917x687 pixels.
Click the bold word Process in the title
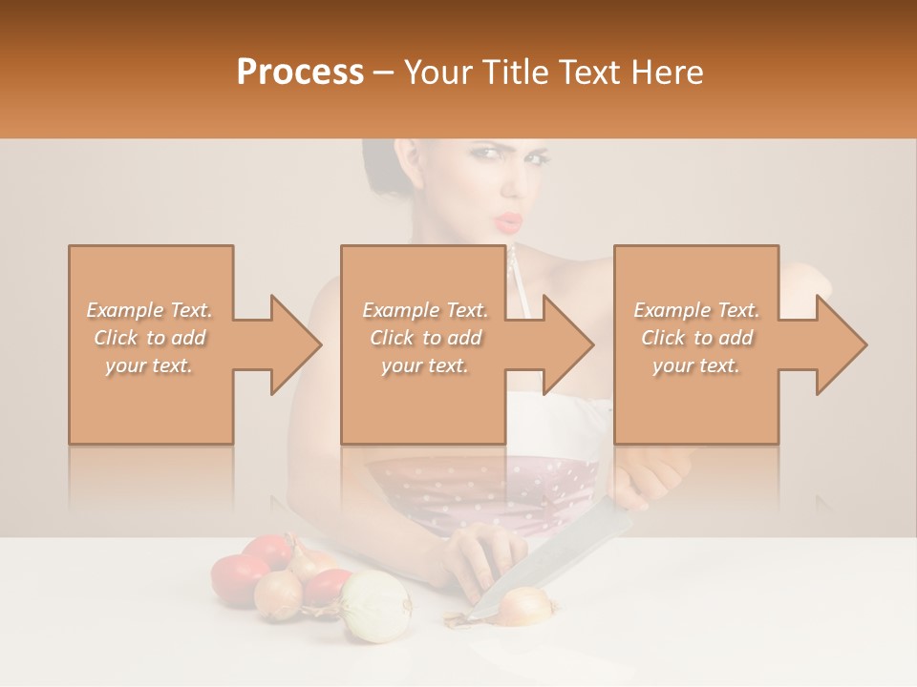click(x=300, y=73)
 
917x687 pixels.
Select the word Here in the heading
click(x=668, y=73)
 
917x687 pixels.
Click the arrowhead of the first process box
click(x=292, y=344)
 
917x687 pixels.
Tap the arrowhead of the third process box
click(x=839, y=344)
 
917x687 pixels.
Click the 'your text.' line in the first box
click(x=150, y=365)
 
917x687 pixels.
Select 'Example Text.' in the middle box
click(x=424, y=310)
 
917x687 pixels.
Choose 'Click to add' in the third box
click(x=696, y=338)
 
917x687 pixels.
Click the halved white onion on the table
click(x=375, y=606)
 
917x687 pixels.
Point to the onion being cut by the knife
click(x=526, y=605)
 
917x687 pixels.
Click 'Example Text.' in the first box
click(x=150, y=310)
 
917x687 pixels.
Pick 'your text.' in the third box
click(x=696, y=365)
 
